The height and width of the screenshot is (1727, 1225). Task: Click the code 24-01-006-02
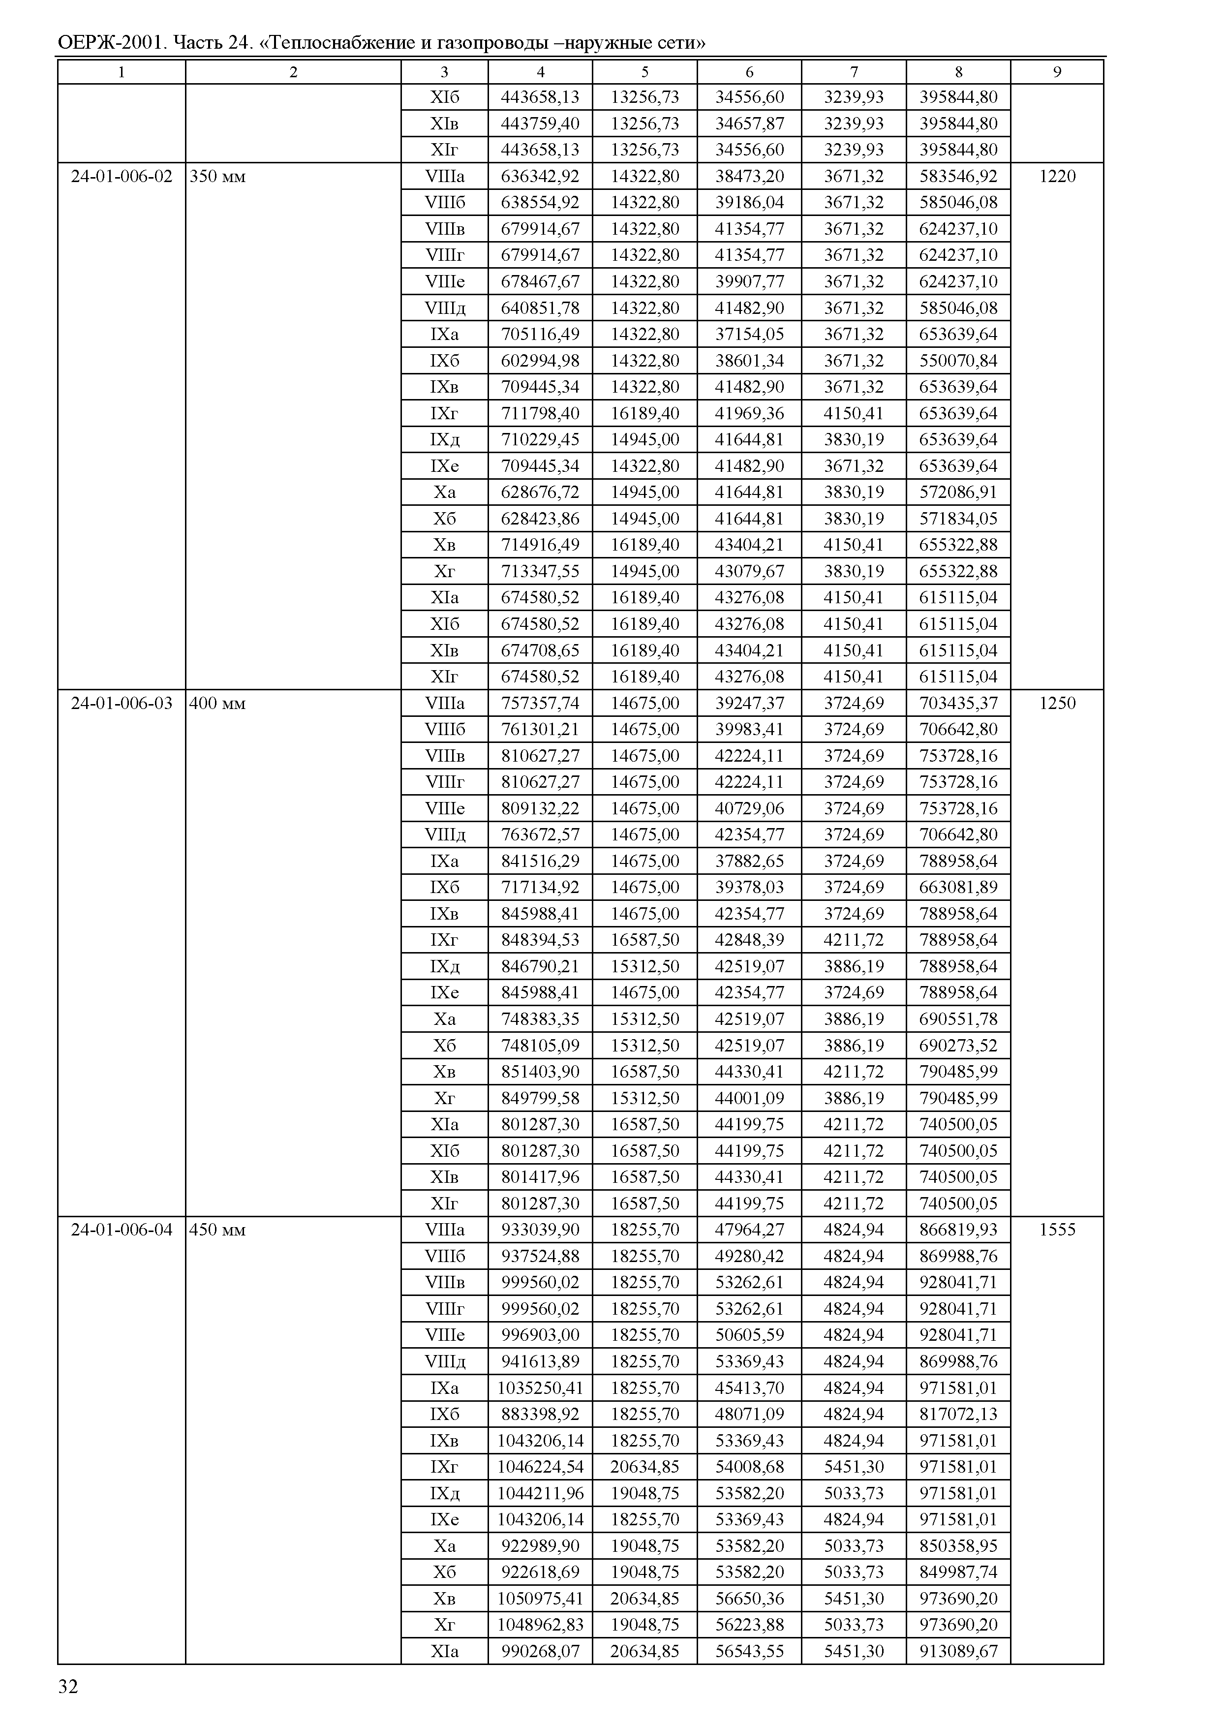pyautogui.click(x=122, y=177)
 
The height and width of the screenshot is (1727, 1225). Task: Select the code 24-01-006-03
pyautogui.click(x=122, y=703)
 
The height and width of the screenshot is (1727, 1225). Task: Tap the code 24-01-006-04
pyautogui.click(x=122, y=1230)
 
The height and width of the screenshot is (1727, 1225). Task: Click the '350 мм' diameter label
pyautogui.click(x=217, y=177)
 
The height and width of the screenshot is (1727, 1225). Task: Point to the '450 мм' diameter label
pyautogui.click(x=217, y=1230)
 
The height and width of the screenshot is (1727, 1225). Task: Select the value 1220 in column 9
pyautogui.click(x=1057, y=177)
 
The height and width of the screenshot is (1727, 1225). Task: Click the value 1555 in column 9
pyautogui.click(x=1057, y=1230)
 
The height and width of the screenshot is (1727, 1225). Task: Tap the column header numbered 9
pyautogui.click(x=1057, y=72)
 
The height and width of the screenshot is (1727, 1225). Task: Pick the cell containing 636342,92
pyautogui.click(x=540, y=177)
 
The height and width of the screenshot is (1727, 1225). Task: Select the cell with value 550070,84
pyautogui.click(x=958, y=361)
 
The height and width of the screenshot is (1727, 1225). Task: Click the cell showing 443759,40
pyautogui.click(x=540, y=123)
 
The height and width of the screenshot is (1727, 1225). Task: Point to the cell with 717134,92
pyautogui.click(x=540, y=887)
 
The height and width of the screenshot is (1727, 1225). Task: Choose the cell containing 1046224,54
pyautogui.click(x=540, y=1467)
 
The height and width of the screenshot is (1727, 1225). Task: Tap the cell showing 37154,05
pyautogui.click(x=749, y=334)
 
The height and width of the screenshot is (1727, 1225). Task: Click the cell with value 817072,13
pyautogui.click(x=958, y=1414)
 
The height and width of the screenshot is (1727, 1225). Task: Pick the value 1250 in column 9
pyautogui.click(x=1057, y=703)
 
